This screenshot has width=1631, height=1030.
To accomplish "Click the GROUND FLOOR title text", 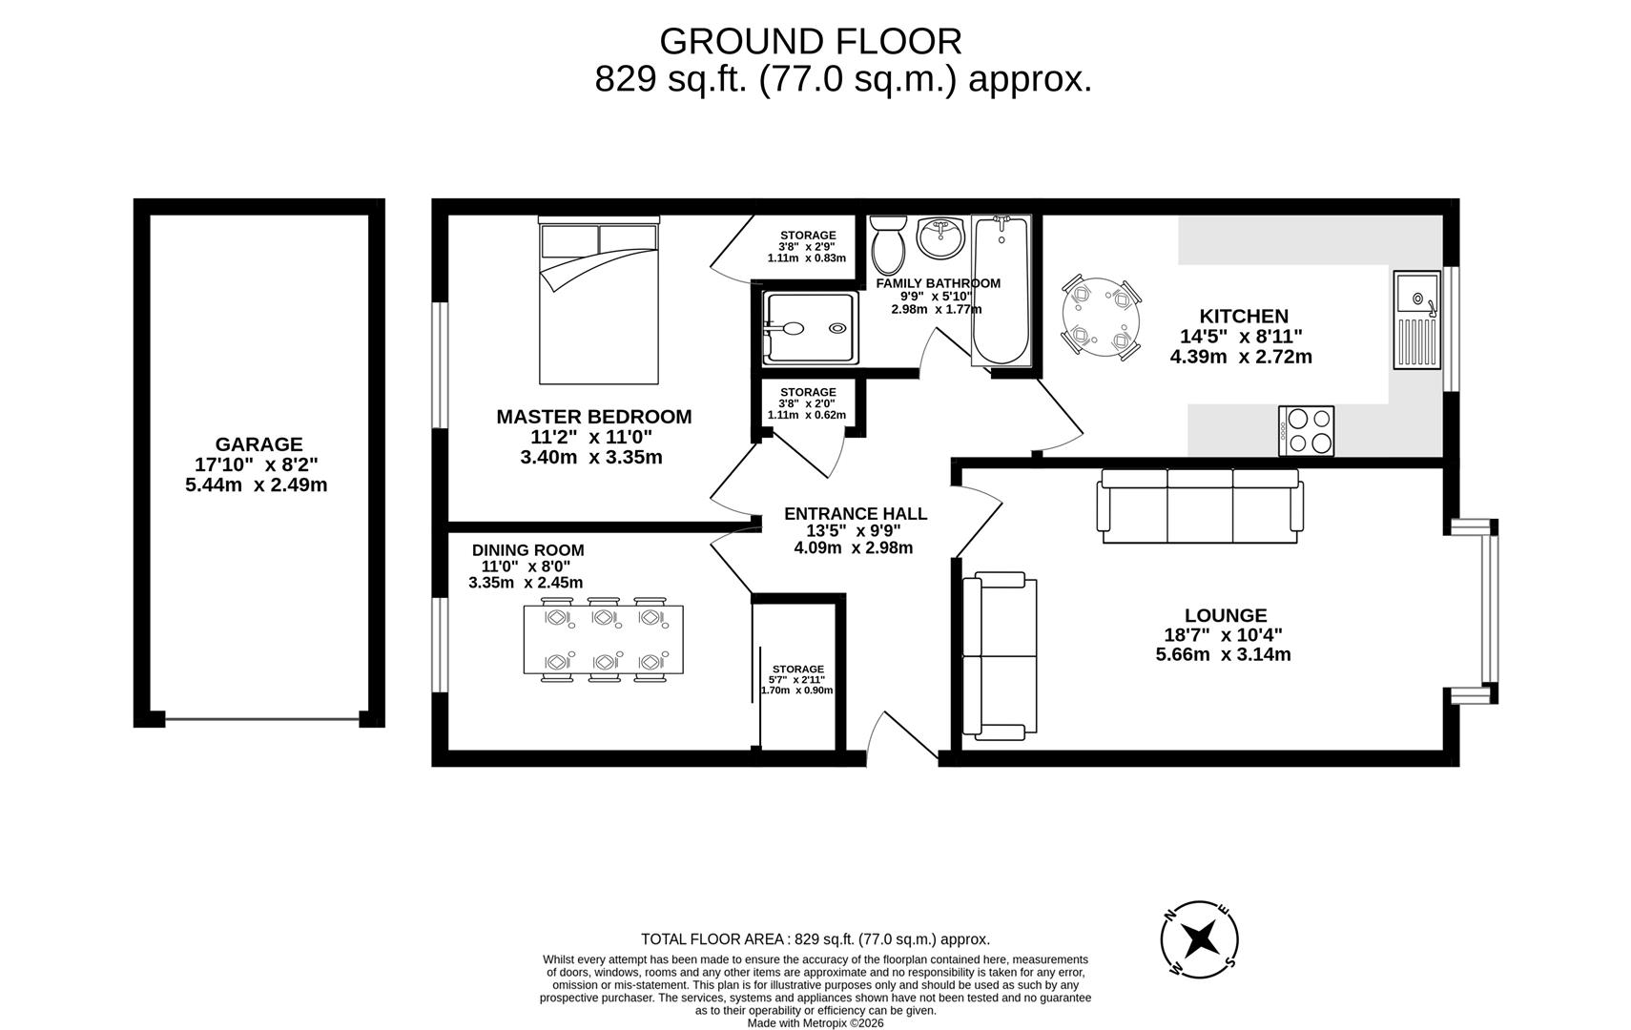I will [810, 42].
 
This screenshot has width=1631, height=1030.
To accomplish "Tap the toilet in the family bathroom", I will [889, 241].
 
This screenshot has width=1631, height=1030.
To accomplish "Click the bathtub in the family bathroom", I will [1001, 291].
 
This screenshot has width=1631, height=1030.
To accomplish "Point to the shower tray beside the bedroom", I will [810, 328].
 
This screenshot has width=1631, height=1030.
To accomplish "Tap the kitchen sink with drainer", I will [1416, 319].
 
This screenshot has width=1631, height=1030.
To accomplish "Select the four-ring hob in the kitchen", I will [1306, 430].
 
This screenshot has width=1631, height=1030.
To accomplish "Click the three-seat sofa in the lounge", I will [1199, 505].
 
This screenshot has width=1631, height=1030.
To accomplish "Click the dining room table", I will [603, 639].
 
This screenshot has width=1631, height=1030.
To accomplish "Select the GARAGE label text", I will [258, 444].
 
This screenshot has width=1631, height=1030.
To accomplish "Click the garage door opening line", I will [262, 720].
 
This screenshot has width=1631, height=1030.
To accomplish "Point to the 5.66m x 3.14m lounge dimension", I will [1223, 654].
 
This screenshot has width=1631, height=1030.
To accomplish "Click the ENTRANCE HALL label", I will [855, 514].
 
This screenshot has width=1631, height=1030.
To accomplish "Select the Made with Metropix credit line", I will [815, 1022].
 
